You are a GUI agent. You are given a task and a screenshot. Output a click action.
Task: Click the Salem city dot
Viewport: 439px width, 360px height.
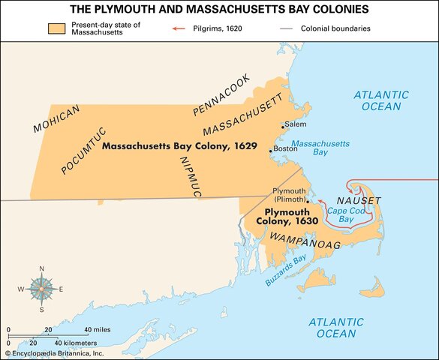[x=282, y=125]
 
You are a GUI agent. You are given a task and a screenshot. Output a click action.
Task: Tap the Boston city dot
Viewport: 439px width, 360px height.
[x=272, y=150]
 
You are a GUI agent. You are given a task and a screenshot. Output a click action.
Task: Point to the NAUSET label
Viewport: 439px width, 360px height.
[x=359, y=200]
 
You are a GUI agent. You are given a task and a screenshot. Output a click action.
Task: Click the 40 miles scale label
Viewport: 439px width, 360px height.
[x=98, y=330]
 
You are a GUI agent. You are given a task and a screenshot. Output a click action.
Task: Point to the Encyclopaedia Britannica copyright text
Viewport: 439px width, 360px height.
[x=56, y=352]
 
